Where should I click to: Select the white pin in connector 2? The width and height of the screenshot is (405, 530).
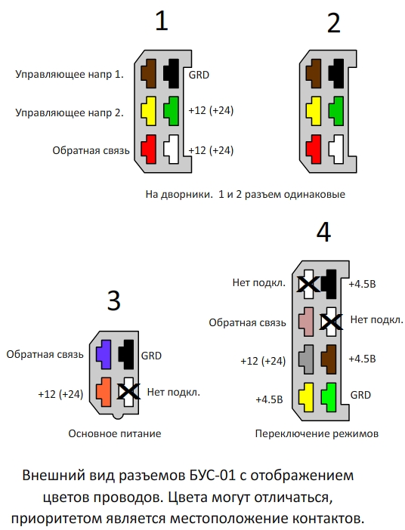coord(337,149)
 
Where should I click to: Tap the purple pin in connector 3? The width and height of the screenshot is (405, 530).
coord(104,354)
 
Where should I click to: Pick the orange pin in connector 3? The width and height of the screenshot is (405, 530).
coord(104,392)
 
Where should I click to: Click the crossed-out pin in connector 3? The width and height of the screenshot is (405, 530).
coord(128,392)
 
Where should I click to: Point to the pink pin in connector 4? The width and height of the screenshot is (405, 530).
coord(306,322)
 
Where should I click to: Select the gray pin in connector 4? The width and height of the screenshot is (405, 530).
coord(306,359)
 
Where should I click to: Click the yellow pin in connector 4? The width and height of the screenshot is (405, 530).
coord(306,397)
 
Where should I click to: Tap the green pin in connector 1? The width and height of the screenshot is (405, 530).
coord(172,111)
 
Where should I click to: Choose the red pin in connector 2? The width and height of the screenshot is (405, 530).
coord(314,149)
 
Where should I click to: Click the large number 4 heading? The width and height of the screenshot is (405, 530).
coord(323,233)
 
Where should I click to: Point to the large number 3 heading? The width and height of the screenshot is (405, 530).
coord(113,300)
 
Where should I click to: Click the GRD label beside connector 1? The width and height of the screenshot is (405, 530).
coord(199,75)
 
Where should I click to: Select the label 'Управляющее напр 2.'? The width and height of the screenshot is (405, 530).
coord(70,112)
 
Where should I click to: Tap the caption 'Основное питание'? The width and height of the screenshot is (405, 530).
coord(115,433)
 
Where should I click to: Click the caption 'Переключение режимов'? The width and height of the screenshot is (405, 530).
coord(317,433)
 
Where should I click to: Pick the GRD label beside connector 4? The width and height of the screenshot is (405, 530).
coord(360,395)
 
